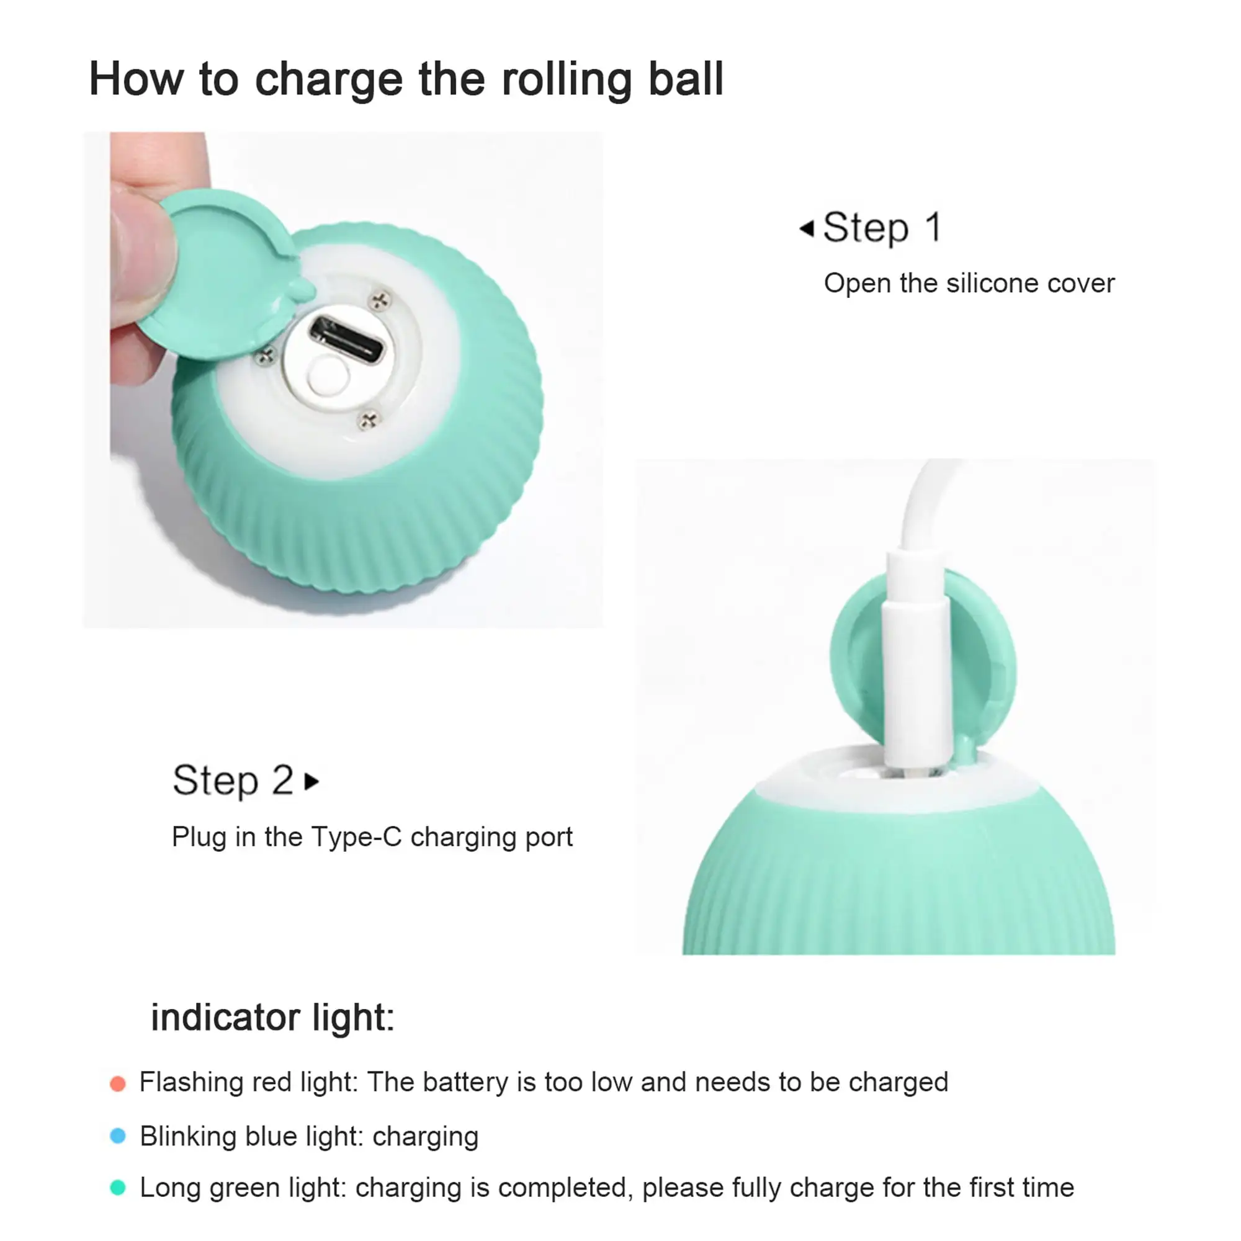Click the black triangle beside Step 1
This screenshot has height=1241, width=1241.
[x=807, y=228]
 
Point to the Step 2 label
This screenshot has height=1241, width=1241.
[x=233, y=781]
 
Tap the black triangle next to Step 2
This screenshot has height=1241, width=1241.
[x=311, y=782]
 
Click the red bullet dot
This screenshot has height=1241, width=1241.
[x=117, y=1084]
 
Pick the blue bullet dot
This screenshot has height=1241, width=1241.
[x=117, y=1136]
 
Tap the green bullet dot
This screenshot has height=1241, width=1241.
[x=117, y=1188]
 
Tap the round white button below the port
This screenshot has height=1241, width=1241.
[x=328, y=377]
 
